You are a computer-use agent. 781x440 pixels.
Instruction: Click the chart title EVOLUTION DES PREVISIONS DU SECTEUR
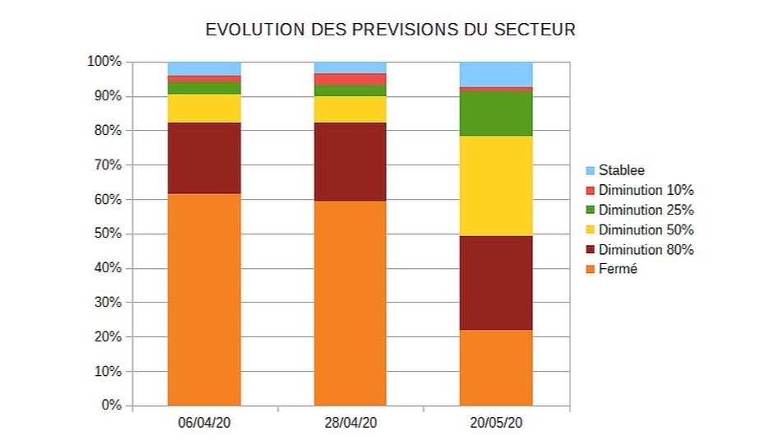coord(390,30)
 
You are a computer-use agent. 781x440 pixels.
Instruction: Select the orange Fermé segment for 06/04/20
coord(204,299)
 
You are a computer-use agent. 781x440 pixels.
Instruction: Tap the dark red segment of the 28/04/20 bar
coord(351,162)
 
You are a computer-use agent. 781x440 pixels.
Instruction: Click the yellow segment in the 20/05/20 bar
coord(496,186)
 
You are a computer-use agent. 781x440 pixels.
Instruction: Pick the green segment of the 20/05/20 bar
coord(496,113)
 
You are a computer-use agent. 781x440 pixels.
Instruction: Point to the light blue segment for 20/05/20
coord(496,74)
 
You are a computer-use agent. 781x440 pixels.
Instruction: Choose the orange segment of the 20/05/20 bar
coord(496,368)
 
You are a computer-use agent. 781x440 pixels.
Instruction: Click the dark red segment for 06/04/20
coord(204,158)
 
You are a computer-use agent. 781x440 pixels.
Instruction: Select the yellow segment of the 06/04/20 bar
coord(204,109)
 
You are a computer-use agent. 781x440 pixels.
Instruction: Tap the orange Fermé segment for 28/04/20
coord(351,303)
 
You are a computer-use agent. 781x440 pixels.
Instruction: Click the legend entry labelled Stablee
coord(621,171)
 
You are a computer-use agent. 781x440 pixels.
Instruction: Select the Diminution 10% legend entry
coord(645,191)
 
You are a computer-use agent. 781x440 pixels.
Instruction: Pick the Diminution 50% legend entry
coord(645,230)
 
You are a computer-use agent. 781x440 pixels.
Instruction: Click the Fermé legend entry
coord(618,270)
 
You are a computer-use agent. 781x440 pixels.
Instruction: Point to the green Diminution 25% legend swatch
coord(590,211)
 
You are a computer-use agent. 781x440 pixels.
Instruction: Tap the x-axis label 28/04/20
coord(351,424)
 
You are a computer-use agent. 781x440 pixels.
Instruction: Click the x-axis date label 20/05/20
coord(496,424)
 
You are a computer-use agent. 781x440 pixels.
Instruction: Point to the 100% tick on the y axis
coord(104,62)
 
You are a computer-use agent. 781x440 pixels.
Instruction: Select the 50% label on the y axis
coord(107,234)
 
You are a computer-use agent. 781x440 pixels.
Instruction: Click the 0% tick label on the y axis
coord(111,405)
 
